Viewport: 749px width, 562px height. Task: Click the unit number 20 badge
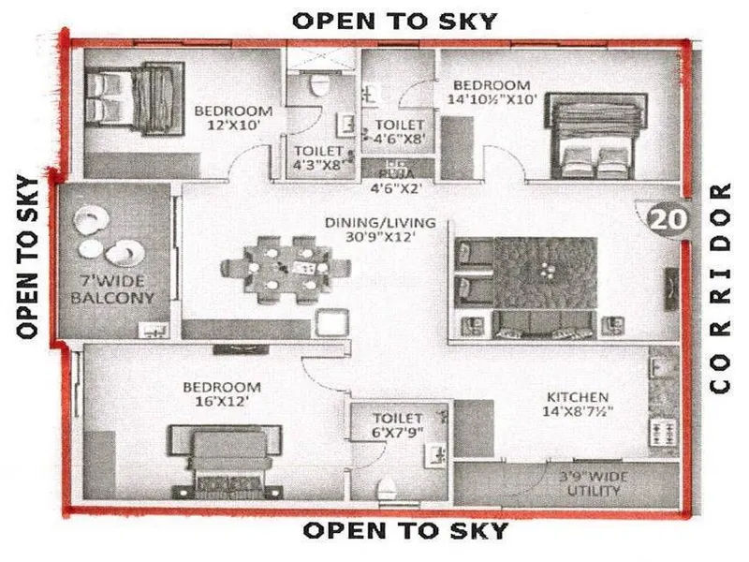coord(667,221)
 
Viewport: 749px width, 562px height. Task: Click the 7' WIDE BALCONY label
coord(115,289)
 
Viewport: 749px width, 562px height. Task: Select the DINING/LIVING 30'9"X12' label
coord(370,229)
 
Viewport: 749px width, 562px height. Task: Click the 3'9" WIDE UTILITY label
coord(594,482)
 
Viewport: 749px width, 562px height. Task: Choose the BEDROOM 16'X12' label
coord(221,394)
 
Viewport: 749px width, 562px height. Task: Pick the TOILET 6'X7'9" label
coord(398,426)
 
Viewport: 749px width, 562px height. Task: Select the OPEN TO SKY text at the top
coord(395,21)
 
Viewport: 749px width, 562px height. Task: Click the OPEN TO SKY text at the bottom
coord(406,531)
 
